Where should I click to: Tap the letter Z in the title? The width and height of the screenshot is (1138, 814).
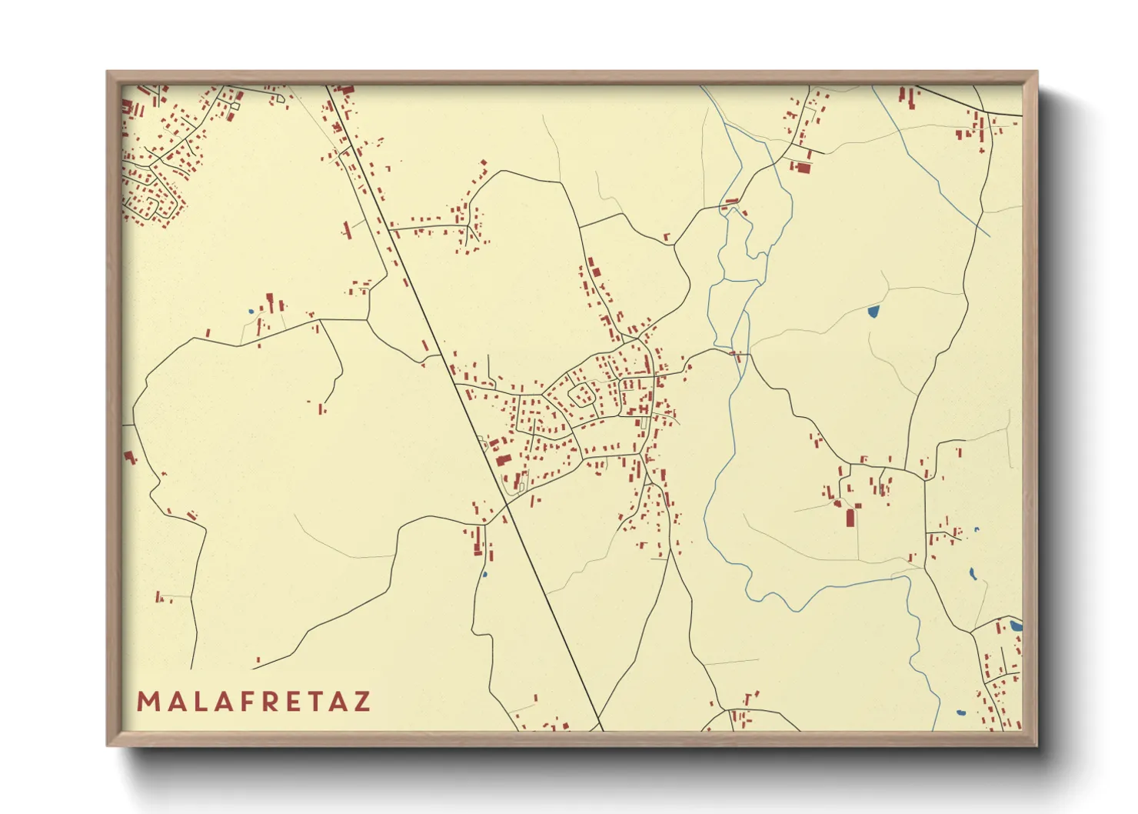point(361,702)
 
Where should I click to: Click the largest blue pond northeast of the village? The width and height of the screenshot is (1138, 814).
point(873,312)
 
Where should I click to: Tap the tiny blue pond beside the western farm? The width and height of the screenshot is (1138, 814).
point(251,311)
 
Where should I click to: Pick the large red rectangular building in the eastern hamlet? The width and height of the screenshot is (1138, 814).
point(850,517)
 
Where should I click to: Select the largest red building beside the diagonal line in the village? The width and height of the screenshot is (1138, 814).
point(503,460)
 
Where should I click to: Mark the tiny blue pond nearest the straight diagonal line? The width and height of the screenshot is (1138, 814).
point(484,574)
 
